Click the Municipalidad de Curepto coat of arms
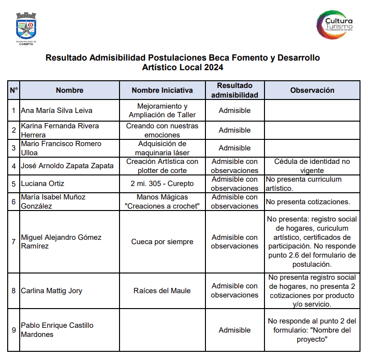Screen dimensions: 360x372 click(x=25, y=28)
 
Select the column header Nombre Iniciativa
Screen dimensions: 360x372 click(x=162, y=90)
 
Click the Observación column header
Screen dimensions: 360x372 click(x=312, y=90)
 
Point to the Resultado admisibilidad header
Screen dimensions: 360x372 click(x=234, y=90)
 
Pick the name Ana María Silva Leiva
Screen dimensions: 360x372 click(x=57, y=111)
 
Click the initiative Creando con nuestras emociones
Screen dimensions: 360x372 click(x=162, y=130)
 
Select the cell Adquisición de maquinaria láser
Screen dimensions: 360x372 click(x=162, y=148)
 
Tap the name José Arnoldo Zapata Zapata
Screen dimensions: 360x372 click(x=67, y=166)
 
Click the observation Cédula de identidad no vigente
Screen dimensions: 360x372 click(x=312, y=166)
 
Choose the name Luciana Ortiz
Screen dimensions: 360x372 click(x=43, y=184)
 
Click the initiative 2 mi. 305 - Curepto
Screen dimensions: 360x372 click(x=162, y=184)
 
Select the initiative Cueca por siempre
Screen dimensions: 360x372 click(x=162, y=242)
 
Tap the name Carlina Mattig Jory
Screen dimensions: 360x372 click(x=51, y=291)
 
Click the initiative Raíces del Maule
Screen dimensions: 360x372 click(x=162, y=291)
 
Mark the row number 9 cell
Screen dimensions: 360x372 click(x=13, y=330)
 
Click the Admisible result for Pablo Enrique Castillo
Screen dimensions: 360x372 click(x=234, y=330)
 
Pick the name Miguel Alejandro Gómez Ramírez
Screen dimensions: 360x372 click(x=61, y=242)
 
